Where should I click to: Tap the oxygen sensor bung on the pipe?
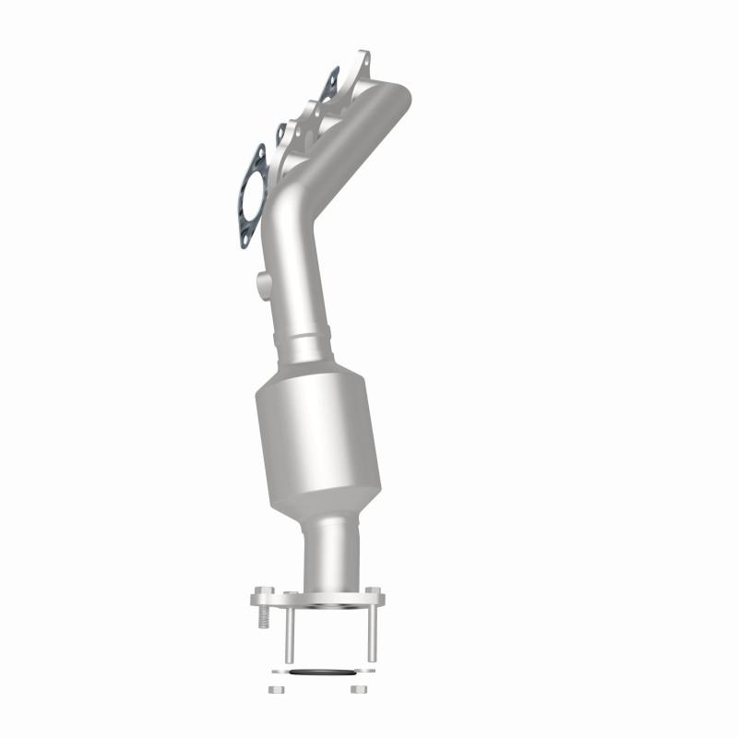pos(261,280)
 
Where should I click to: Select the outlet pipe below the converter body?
pos(330,553)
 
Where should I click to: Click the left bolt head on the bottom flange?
pos(263,589)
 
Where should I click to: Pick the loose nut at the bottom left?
pos(275,689)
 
